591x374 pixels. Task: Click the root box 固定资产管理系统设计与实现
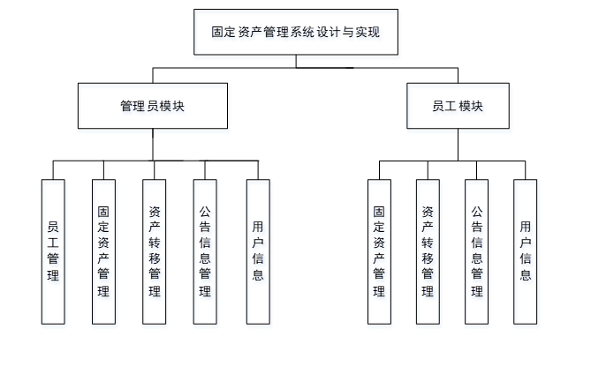coord(295,32)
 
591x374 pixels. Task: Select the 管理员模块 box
coord(153,106)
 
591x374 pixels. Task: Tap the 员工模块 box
coord(458,106)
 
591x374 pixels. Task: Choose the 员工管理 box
coord(53,251)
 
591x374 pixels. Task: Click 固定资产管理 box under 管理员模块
coord(104,251)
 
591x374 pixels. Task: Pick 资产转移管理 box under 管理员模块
coord(155,251)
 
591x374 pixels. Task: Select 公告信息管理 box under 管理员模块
coord(205,251)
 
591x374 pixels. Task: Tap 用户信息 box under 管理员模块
coord(257,251)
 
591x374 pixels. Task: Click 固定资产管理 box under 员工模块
coord(379,251)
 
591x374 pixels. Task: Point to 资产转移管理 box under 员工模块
coord(428,251)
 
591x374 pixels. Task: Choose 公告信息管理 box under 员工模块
coord(477,251)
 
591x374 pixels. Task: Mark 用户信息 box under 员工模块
coord(526,251)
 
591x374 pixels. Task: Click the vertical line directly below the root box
coord(296,61)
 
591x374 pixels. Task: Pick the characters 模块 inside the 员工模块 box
coord(471,106)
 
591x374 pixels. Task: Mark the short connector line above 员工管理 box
coord(53,170)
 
